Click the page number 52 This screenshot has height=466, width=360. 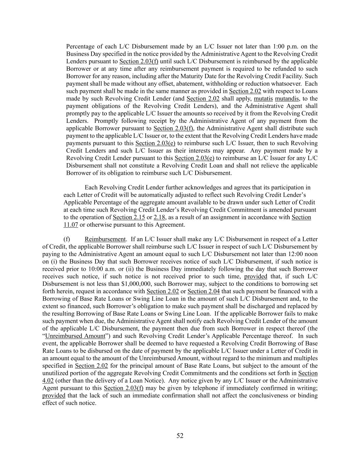pyautogui.click(x=180, y=436)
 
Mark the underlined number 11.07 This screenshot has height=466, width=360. pyautogui.click(x=71, y=225)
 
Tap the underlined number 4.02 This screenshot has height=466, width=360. pyautogui.click(x=48, y=381)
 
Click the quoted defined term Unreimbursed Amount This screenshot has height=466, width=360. pyautogui.click(x=75, y=336)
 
